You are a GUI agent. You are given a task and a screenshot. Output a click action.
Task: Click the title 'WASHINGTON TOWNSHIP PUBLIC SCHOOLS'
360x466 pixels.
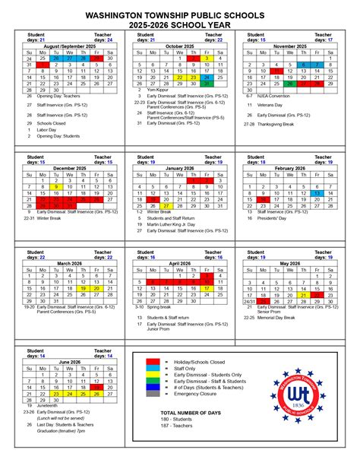point(180,14)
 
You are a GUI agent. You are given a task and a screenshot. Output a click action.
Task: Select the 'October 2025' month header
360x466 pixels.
point(180,46)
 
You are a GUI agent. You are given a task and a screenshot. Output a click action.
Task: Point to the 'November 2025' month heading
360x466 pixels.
point(289,46)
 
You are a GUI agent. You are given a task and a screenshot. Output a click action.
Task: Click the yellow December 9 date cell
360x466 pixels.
point(56,186)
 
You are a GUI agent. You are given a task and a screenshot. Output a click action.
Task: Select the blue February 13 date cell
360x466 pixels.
point(316,193)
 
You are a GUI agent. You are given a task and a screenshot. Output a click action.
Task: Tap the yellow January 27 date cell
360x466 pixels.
point(166,206)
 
